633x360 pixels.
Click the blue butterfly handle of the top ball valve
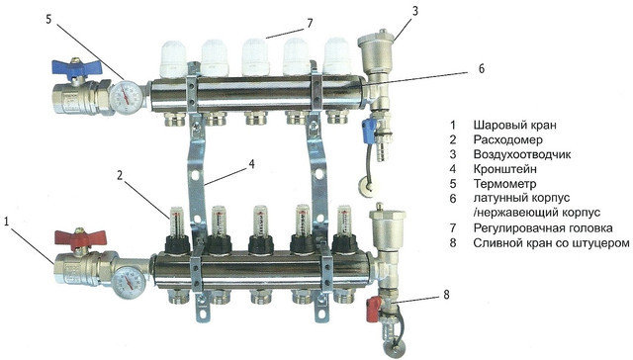pyautogui.click(x=77, y=68)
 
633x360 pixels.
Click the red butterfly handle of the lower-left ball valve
pyautogui.click(x=80, y=239)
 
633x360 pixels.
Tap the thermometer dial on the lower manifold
pyautogui.click(x=129, y=281)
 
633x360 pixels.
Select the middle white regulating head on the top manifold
pyautogui.click(x=255, y=57)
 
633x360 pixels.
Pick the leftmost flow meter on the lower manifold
pyautogui.click(x=177, y=230)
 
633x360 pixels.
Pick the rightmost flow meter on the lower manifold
pyautogui.click(x=344, y=230)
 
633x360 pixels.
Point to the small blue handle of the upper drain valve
pyautogui.click(x=369, y=131)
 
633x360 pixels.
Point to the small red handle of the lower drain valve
pyautogui.click(x=374, y=309)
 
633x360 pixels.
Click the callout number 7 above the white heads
pyautogui.click(x=310, y=23)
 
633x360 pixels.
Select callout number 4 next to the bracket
pyautogui.click(x=251, y=164)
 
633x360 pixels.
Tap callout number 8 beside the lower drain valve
pyautogui.click(x=446, y=295)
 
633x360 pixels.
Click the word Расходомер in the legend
pyautogui.click(x=507, y=139)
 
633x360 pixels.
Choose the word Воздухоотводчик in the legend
pyautogui.click(x=522, y=154)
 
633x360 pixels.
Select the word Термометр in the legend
pyautogui.click(x=505, y=184)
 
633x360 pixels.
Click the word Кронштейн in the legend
pyautogui.click(x=505, y=169)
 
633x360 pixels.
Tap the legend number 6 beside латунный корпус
pyautogui.click(x=453, y=199)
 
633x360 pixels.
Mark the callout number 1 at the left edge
pyautogui.click(x=6, y=222)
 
